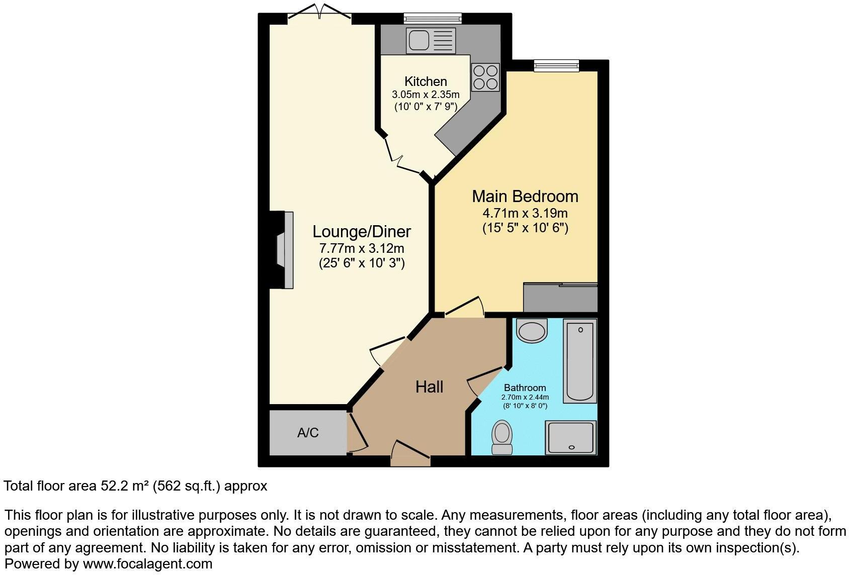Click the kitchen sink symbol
(431, 41)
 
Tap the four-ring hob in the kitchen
(485, 77)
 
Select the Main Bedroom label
(525, 196)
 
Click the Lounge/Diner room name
(362, 231)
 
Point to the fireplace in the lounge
(284, 250)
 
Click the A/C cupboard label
(308, 433)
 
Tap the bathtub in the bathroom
(580, 360)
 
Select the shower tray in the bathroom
(571, 437)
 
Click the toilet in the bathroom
(501, 438)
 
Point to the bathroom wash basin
(532, 330)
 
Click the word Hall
(429, 387)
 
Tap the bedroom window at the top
(556, 65)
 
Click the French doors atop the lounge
(319, 15)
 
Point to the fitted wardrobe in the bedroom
(560, 298)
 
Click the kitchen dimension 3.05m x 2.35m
(426, 94)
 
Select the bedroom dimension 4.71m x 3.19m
(525, 213)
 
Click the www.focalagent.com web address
(147, 564)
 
